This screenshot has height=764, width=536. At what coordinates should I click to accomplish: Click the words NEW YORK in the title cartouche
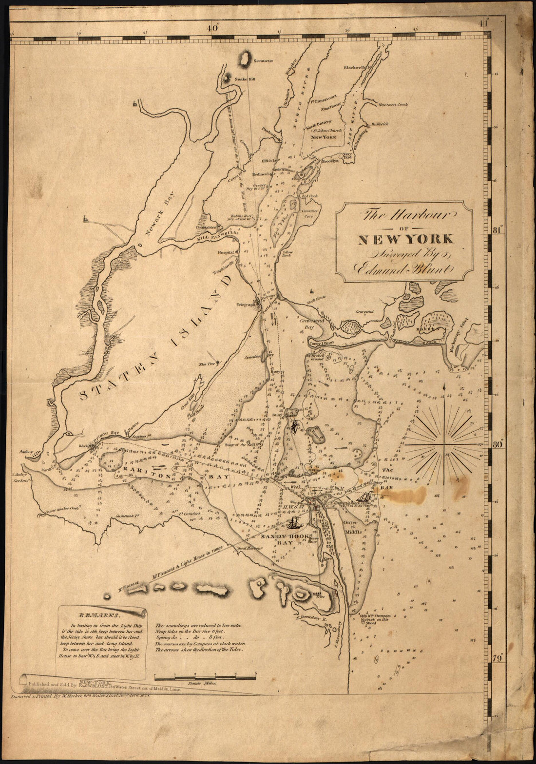pyautogui.click(x=406, y=239)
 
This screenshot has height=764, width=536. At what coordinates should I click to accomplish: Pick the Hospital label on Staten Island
pyautogui.click(x=227, y=252)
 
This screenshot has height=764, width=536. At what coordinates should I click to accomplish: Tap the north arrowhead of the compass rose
pyautogui.click(x=444, y=386)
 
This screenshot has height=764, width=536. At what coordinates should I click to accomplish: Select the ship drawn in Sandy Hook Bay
pyautogui.click(x=293, y=524)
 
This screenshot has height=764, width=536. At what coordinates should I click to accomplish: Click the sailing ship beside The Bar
pyautogui.click(x=365, y=496)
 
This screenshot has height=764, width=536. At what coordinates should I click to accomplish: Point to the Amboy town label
pyautogui.click(x=25, y=452)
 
